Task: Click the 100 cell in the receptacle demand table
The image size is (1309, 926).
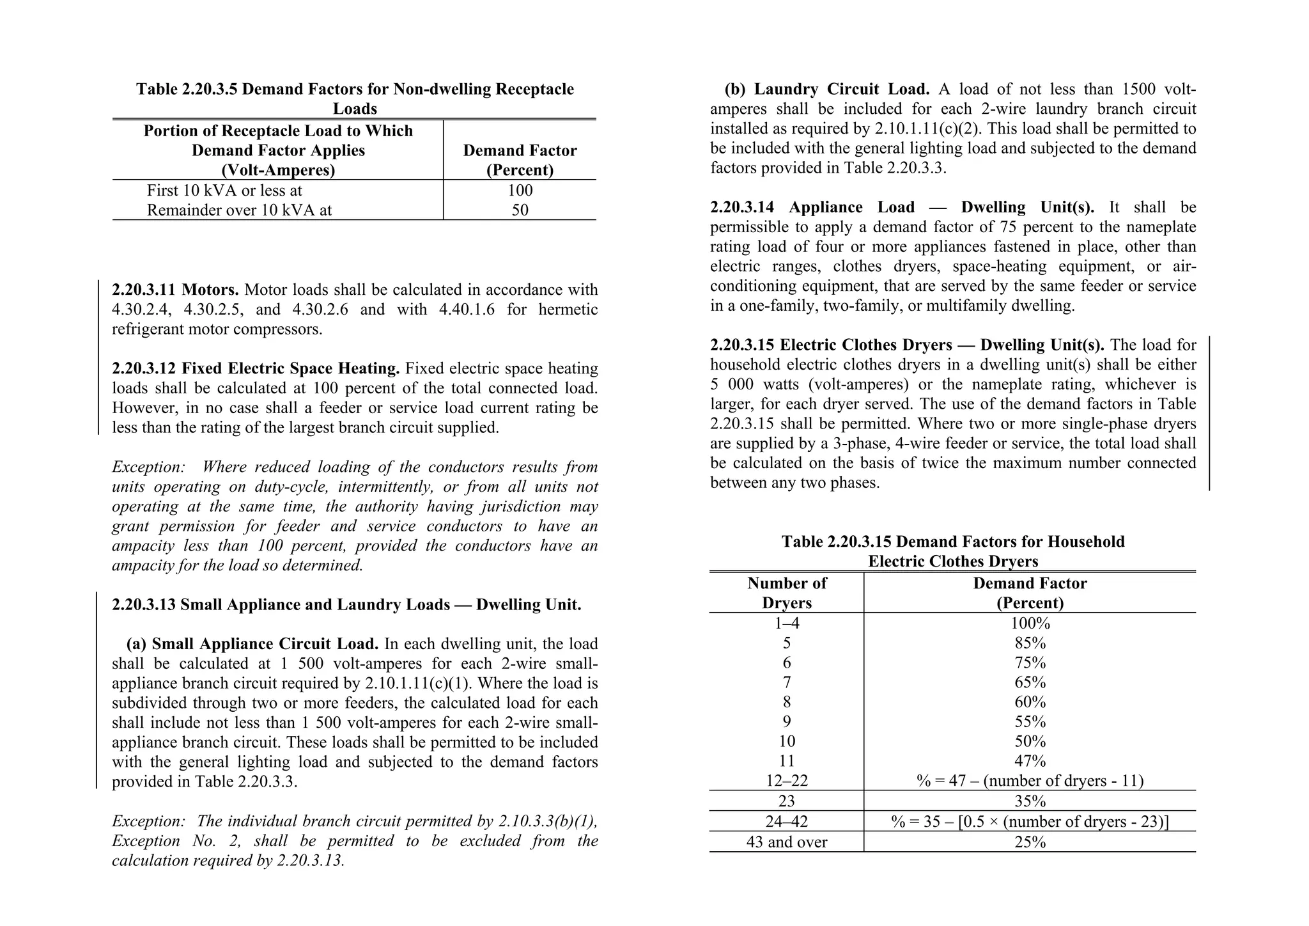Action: point(520,191)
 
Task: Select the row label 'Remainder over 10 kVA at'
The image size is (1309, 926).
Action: point(239,210)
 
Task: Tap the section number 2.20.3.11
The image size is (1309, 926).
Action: point(144,290)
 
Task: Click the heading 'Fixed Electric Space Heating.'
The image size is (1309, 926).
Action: point(291,369)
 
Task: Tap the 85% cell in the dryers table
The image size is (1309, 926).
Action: point(1030,643)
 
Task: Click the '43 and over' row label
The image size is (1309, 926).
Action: point(786,842)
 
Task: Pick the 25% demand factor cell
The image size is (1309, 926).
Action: point(1030,842)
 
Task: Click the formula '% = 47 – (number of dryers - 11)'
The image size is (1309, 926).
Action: point(1030,781)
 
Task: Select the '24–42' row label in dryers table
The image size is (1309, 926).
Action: point(786,822)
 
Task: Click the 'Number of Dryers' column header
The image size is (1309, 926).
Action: point(786,593)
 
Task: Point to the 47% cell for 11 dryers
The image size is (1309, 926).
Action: point(1030,761)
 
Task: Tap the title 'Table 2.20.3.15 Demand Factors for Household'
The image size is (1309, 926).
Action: point(952,542)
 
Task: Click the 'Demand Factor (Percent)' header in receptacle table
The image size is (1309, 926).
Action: point(520,160)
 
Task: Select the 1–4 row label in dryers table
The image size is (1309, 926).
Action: point(786,624)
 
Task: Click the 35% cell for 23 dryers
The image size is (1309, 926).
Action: point(1030,801)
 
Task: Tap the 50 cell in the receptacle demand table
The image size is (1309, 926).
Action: point(520,210)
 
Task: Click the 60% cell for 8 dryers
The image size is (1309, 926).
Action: point(1030,702)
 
